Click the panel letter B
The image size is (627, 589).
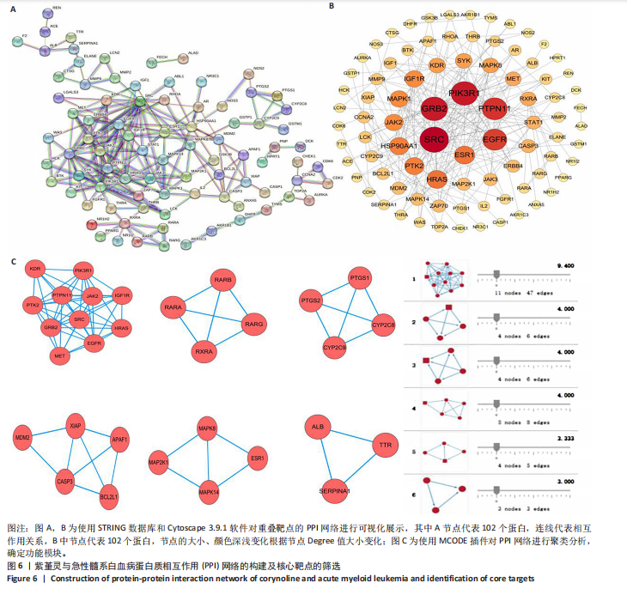[x=332, y=6]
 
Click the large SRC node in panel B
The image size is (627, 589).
[x=437, y=137]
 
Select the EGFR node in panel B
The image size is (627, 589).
[x=495, y=137]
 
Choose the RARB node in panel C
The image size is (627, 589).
[x=222, y=279]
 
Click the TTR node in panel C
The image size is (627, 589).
[x=385, y=446]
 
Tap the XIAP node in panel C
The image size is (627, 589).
[x=75, y=425]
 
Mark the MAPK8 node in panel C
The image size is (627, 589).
[x=207, y=428]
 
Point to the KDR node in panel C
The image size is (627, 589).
[x=35, y=269]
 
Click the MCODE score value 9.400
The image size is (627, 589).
[x=565, y=267]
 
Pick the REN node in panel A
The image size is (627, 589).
[x=56, y=8]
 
